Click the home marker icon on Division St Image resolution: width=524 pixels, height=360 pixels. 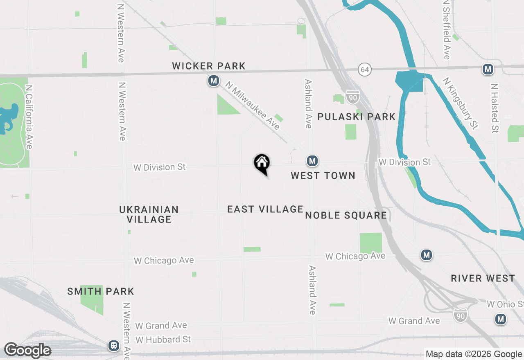click(262, 163)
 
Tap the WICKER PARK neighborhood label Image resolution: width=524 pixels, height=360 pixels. click(209, 66)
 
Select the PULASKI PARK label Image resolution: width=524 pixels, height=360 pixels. click(357, 117)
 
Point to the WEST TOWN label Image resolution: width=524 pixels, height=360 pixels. click(323, 175)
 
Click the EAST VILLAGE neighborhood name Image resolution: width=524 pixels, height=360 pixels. click(265, 209)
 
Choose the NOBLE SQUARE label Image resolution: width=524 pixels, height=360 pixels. click(346, 215)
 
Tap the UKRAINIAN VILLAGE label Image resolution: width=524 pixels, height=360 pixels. click(149, 214)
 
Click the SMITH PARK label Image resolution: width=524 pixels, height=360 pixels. click(101, 291)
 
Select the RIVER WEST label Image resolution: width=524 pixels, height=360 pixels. click(483, 278)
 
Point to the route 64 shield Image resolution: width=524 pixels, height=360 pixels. click(365, 70)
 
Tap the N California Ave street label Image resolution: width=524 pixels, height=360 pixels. click(29, 117)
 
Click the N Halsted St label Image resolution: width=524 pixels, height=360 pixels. click(495, 108)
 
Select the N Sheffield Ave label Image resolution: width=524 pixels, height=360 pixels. click(447, 29)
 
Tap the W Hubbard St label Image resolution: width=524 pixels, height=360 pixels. click(163, 340)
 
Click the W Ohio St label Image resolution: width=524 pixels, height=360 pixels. click(505, 304)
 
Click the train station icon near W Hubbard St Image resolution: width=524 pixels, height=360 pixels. click(114, 346)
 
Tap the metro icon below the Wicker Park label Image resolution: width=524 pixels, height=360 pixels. click(213, 81)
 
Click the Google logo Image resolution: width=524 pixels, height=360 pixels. click(27, 351)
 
